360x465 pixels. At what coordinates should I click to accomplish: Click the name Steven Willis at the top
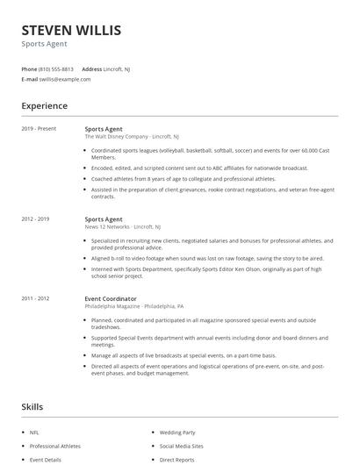point(72,31)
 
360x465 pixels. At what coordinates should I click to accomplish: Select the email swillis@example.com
point(65,79)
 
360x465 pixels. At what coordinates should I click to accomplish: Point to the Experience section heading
point(45,106)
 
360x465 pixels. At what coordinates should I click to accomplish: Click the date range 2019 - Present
point(39,128)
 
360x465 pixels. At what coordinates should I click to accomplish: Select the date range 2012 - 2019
point(35,219)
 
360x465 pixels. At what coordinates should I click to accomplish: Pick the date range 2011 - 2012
point(35,298)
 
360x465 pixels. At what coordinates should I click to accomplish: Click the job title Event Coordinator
point(112,298)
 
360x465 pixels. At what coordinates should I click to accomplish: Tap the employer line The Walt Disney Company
point(132,137)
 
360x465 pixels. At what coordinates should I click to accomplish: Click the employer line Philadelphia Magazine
point(133,306)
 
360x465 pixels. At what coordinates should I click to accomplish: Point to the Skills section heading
point(32,407)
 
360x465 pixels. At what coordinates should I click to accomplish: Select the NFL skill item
point(34,433)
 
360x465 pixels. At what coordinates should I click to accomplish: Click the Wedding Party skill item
point(177,433)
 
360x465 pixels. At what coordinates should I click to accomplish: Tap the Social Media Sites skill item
point(182,446)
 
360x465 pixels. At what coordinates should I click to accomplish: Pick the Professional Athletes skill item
point(55,446)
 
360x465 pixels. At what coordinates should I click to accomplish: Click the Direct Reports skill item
point(177,459)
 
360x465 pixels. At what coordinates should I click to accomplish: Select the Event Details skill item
point(46,459)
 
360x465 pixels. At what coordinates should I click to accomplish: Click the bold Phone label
point(30,68)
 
